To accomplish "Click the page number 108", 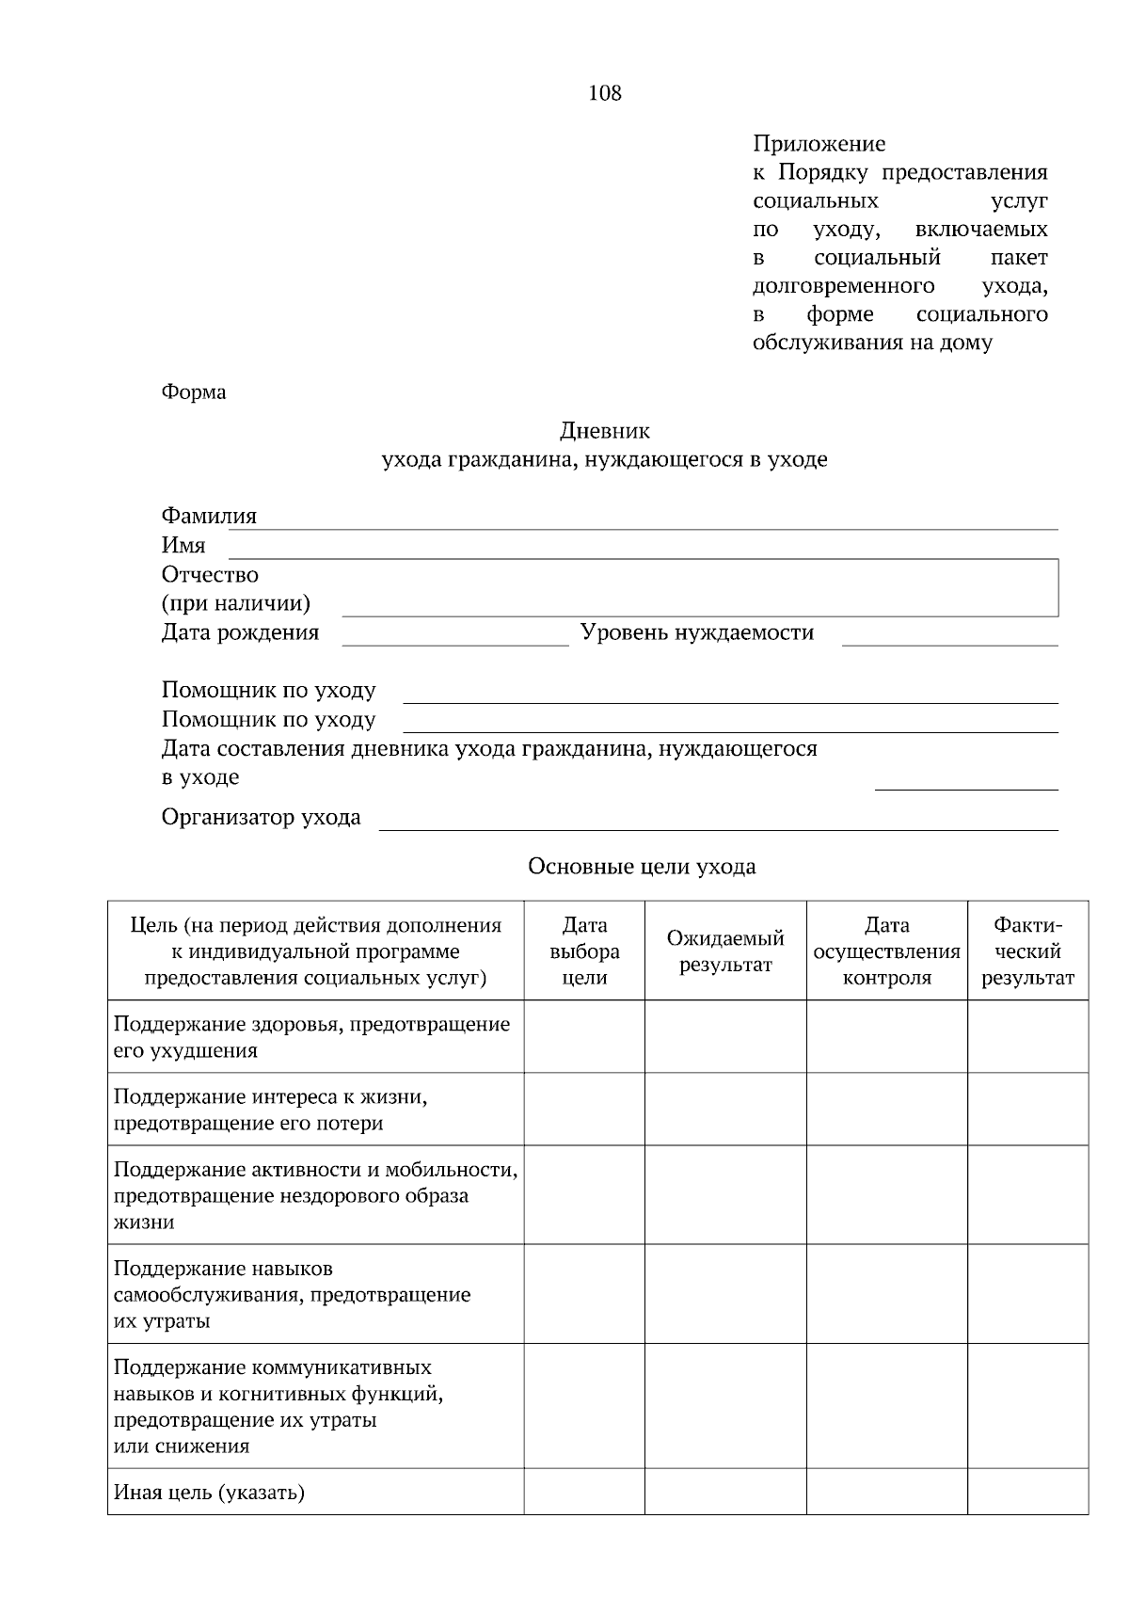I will (x=604, y=93).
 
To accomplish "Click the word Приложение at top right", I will (x=819, y=144).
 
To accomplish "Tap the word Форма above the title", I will (x=194, y=392).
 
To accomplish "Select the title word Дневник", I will (x=604, y=431).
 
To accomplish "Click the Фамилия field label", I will (x=209, y=516).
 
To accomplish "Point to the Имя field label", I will (x=183, y=545).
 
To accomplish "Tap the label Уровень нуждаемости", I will (x=696, y=632).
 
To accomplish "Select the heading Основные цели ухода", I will (x=642, y=866).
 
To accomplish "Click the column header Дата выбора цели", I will (x=584, y=951).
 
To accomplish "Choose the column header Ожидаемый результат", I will (x=725, y=951).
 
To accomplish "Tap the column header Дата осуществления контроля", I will (x=886, y=951).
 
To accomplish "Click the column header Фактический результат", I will (x=1027, y=951).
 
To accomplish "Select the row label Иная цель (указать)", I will (x=209, y=1492).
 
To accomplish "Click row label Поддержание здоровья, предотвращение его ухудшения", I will (x=311, y=1036).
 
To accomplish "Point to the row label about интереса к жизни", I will (x=271, y=1110).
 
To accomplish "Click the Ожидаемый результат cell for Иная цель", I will (x=725, y=1492).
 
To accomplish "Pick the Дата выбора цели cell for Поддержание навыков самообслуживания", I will (x=584, y=1294).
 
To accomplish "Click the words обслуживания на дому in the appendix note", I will (x=872, y=343).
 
